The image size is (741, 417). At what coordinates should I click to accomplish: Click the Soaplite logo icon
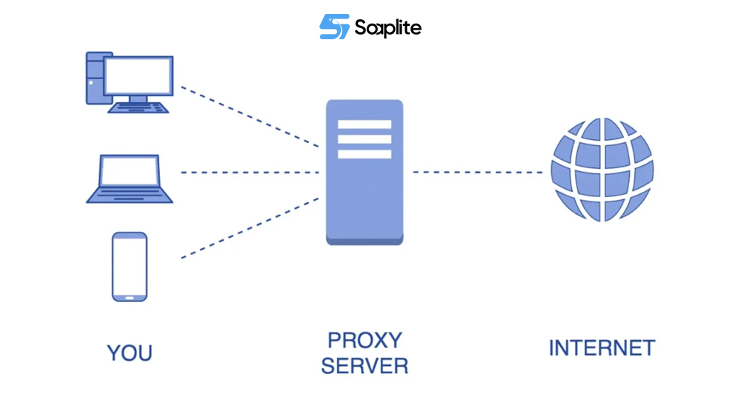334,27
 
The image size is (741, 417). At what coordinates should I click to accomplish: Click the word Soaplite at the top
388,28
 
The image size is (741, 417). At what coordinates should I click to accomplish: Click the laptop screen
130,172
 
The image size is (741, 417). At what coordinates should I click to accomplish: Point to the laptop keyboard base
130,196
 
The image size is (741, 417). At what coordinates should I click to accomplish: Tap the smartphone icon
130,266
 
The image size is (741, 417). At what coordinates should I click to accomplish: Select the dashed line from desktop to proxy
250,115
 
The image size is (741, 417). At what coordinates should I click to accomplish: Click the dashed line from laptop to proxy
250,173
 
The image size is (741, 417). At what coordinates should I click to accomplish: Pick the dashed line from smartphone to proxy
250,228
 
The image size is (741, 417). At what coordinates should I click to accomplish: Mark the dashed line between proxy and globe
478,173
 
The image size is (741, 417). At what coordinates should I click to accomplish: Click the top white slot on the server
365,124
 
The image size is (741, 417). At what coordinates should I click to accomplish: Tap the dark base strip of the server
365,240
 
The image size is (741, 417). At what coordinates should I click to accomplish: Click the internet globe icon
602,170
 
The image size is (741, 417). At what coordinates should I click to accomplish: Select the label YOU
130,353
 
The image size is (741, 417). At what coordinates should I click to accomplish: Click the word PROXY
365,340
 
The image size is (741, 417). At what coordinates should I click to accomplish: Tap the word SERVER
365,366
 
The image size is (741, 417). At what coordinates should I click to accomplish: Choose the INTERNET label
602,348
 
